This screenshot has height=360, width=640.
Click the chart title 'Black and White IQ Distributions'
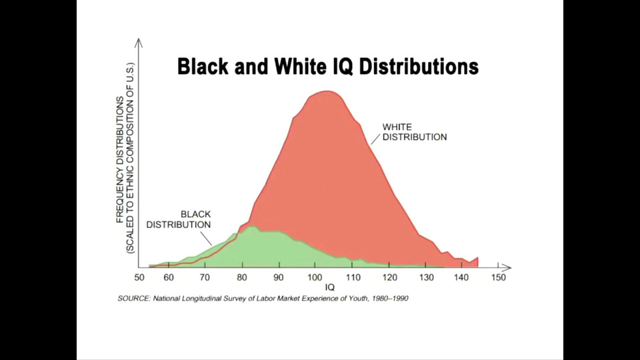pyautogui.click(x=327, y=67)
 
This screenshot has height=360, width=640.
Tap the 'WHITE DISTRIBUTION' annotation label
pyautogui.click(x=414, y=131)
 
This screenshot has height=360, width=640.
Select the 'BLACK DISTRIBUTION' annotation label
pyautogui.click(x=179, y=219)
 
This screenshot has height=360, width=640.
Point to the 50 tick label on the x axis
pyautogui.click(x=139, y=277)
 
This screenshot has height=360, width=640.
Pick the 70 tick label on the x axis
pyautogui.click(x=205, y=277)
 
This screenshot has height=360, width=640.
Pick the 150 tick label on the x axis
pyautogui.click(x=499, y=277)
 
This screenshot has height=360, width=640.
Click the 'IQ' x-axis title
pyautogui.click(x=329, y=287)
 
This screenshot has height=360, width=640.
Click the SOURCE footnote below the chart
pyautogui.click(x=263, y=299)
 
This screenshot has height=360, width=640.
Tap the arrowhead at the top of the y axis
pyautogui.click(x=139, y=42)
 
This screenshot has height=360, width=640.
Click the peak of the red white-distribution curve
pyautogui.click(x=325, y=91)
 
